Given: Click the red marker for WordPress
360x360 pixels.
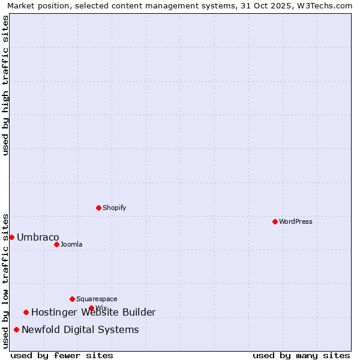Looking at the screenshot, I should click(275, 221).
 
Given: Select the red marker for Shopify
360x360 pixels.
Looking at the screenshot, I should click(98, 208).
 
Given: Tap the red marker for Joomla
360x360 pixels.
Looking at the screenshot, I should click(56, 244).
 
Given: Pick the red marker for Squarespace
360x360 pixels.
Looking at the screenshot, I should click(72, 299).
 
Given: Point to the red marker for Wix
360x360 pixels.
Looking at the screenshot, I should click(91, 308).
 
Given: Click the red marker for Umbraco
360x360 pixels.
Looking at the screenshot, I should click(11, 237).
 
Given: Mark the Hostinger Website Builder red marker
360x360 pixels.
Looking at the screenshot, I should click(26, 312).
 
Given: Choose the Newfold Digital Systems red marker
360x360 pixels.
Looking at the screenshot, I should click(16, 329).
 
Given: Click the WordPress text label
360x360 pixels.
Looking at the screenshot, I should click(296, 221).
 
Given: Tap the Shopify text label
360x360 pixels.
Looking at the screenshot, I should click(115, 208).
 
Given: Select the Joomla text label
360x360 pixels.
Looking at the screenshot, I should click(71, 244).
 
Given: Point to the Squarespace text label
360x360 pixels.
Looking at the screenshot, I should click(97, 299).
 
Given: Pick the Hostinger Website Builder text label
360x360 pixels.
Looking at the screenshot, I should click(94, 312).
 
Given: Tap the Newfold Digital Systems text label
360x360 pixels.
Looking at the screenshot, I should click(80, 329).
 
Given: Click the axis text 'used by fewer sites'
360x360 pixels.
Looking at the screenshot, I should click(62, 355).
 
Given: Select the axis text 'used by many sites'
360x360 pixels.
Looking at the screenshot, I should click(301, 355).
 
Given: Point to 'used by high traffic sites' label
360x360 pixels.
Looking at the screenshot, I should click(5, 85).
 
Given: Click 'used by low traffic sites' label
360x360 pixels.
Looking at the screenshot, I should click(5, 280).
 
